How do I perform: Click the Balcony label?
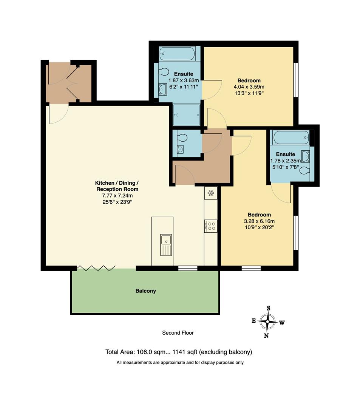point(145,291)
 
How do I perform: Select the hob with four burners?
point(211,226)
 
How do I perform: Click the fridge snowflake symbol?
point(211,193)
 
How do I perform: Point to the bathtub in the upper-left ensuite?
point(177,54)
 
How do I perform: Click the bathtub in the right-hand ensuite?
point(291,137)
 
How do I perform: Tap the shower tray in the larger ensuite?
point(186,115)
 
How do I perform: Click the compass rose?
point(268,322)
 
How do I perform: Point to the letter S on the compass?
point(269,308)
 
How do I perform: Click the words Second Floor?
point(178,333)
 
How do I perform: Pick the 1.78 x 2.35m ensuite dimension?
point(286,160)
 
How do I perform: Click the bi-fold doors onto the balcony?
point(96,268)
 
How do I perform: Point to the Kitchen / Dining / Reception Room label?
point(116,186)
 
